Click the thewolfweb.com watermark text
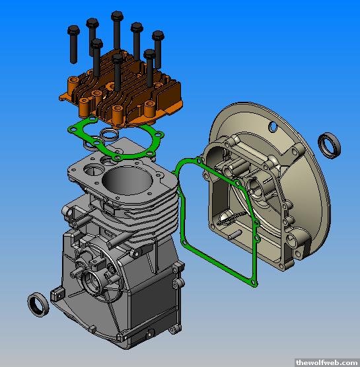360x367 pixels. (x=327, y=362)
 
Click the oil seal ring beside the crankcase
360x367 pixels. (x=38, y=304)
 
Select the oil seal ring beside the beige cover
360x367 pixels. (x=329, y=145)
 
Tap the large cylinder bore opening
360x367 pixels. (x=127, y=181)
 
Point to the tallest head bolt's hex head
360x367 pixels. (x=117, y=16)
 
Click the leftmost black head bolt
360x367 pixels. (x=73, y=44)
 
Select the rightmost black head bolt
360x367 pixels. (x=158, y=49)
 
